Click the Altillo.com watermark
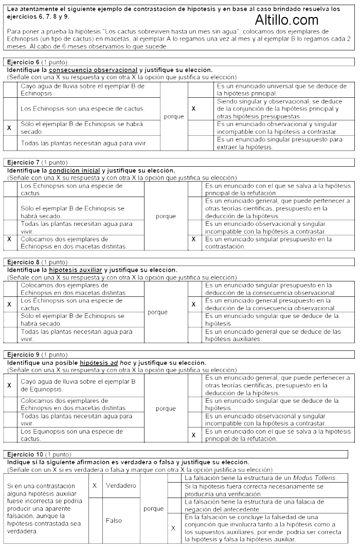(286, 20)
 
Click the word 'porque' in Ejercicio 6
(174, 116)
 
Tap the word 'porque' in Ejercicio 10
(154, 509)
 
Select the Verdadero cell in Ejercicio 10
(121, 485)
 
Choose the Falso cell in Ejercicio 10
(114, 520)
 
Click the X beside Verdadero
(94, 485)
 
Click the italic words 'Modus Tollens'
(318, 478)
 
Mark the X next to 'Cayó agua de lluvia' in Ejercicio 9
(9, 385)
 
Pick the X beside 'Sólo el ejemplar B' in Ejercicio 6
(9, 128)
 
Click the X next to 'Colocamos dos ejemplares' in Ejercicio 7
(9, 239)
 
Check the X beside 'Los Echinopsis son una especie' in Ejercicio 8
(9, 304)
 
